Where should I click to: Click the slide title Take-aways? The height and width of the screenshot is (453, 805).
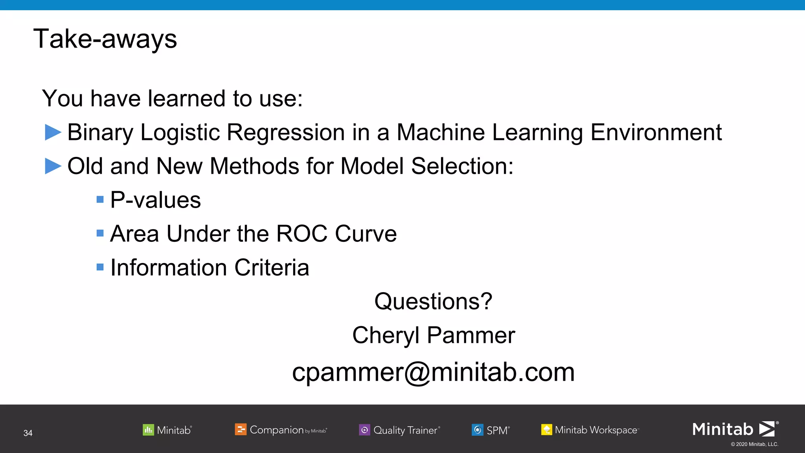pos(105,39)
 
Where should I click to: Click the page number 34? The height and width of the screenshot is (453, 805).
pos(28,433)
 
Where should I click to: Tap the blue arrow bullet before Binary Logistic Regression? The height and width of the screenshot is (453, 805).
pos(53,132)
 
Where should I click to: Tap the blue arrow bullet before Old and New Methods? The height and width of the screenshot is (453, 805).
pos(53,166)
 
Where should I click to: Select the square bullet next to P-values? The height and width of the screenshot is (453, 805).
pos(100,199)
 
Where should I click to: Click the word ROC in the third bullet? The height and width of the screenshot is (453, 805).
pos(302,234)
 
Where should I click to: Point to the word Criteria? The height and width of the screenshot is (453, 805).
pos(272,267)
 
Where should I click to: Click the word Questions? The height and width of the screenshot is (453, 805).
pos(433,301)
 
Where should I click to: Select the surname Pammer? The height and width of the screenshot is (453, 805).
pos(471,335)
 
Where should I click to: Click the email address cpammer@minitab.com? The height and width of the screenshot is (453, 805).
pos(433,372)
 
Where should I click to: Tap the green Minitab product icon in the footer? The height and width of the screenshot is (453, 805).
pos(148,430)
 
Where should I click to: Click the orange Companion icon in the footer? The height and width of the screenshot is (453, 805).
pos(241,429)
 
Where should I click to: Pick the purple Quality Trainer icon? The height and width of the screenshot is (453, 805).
pos(364,430)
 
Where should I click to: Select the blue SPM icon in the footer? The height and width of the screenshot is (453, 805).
pos(477,430)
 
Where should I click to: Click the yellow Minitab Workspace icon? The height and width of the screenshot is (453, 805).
pos(546,430)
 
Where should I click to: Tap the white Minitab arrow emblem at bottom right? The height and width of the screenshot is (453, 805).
pos(767,429)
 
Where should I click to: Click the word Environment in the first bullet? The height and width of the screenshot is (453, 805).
pos(656,132)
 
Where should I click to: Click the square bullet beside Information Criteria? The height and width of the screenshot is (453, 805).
pos(100,267)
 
